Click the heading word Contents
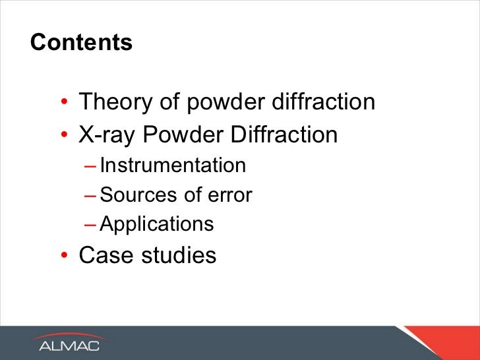81,43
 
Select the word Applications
157,225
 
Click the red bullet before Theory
65,104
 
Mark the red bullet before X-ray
65,136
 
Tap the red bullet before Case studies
65,256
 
